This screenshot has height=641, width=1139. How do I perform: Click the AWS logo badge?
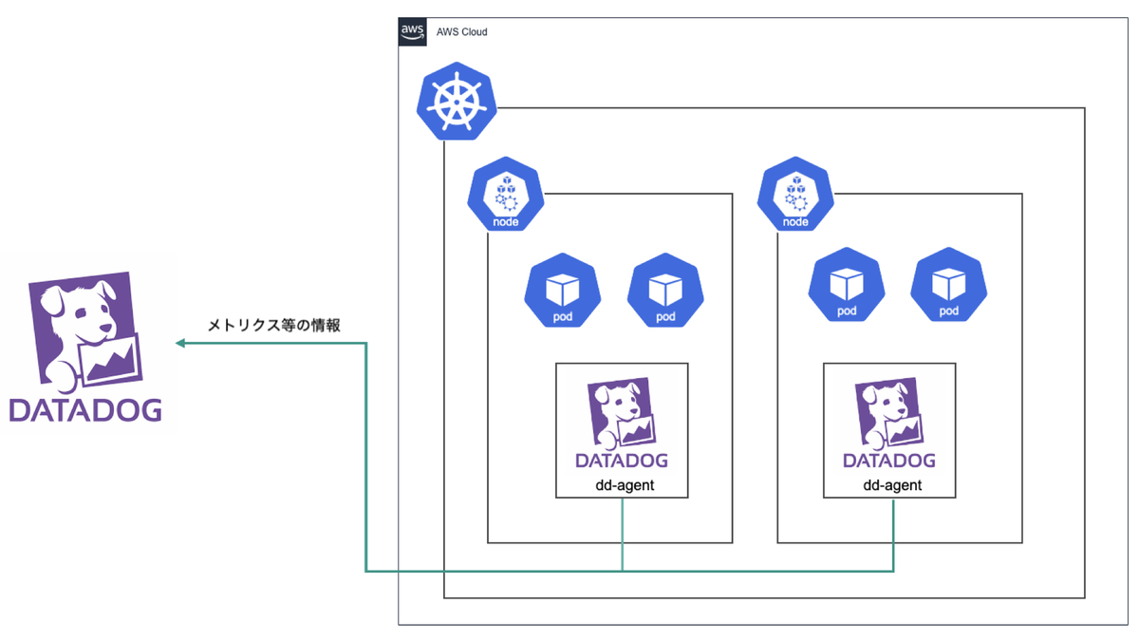coord(412,31)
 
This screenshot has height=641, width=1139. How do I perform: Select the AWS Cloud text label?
coord(461,32)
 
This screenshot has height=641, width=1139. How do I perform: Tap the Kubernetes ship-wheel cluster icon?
coord(457,102)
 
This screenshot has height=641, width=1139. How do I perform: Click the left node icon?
coord(505,194)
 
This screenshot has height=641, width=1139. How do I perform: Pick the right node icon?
coord(795,194)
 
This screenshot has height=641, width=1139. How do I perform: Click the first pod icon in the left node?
coord(562,290)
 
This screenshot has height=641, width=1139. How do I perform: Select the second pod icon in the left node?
coord(665,290)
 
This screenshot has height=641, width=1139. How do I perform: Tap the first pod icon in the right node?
coord(847,284)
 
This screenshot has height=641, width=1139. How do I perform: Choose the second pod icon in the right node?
coord(949,284)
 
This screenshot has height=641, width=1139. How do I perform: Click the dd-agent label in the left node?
coord(625,485)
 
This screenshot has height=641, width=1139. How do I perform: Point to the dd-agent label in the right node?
coord(892,485)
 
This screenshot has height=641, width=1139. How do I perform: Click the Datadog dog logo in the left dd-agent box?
coord(622,423)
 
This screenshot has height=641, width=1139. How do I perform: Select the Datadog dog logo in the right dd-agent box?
coord(889,423)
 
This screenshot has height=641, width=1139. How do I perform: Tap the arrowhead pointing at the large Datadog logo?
coord(180,344)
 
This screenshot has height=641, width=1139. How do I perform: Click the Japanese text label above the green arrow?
coord(273,325)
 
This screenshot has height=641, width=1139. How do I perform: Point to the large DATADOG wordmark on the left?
coord(85,410)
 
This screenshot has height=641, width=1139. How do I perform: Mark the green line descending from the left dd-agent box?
coord(623,535)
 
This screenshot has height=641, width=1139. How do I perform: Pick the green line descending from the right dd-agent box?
coord(893,535)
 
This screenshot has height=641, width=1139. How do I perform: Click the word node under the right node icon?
coord(795,222)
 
